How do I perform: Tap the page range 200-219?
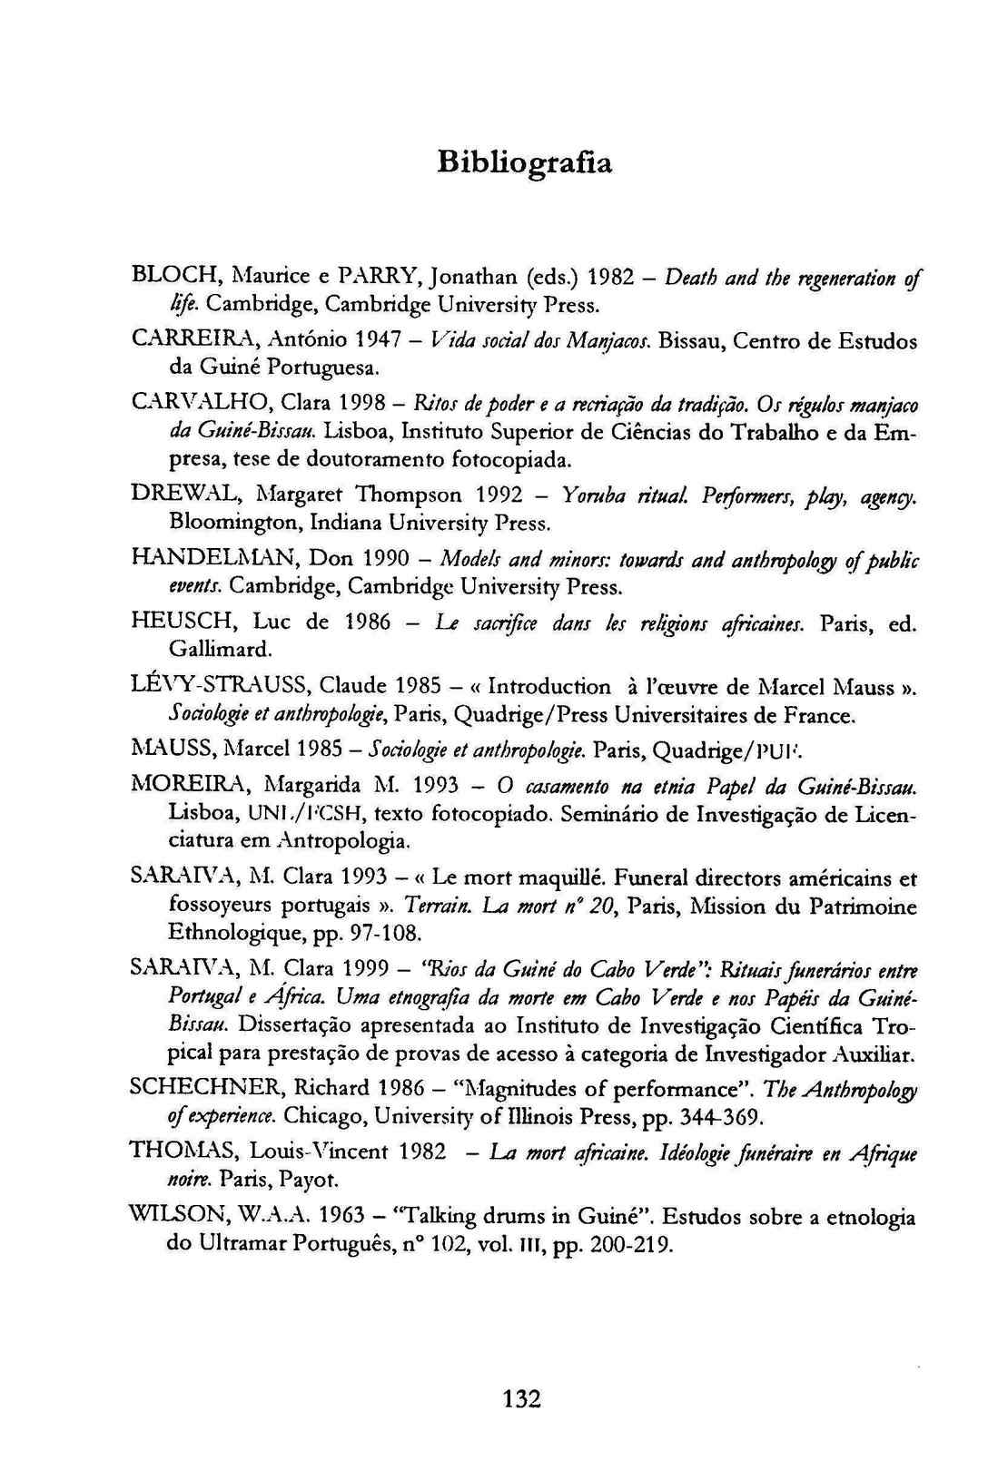pos(630,1244)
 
